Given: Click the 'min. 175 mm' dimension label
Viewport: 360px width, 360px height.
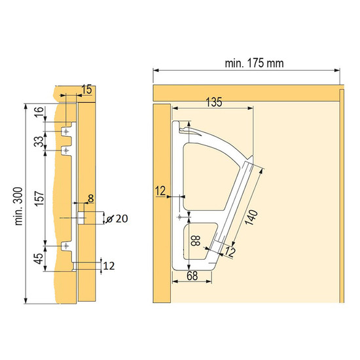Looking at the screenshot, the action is pos(254,63).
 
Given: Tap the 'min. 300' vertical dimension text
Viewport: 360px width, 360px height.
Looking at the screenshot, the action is pos(19,206).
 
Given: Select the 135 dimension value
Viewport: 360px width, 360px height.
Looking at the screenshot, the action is pos(214,102).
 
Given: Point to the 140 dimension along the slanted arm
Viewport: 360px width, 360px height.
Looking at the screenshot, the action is pos(251,217).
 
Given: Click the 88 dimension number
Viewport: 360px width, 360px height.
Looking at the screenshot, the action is pos(196,241).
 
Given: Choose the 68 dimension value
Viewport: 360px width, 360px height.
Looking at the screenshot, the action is pos(192,276).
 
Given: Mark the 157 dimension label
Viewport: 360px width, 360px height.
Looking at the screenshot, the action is pos(39,198).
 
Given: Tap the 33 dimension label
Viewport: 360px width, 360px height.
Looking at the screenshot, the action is pos(39,141).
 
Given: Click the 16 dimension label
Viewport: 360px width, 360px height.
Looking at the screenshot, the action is pos(39,112).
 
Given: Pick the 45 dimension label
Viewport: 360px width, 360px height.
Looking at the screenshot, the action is pos(39,259).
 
